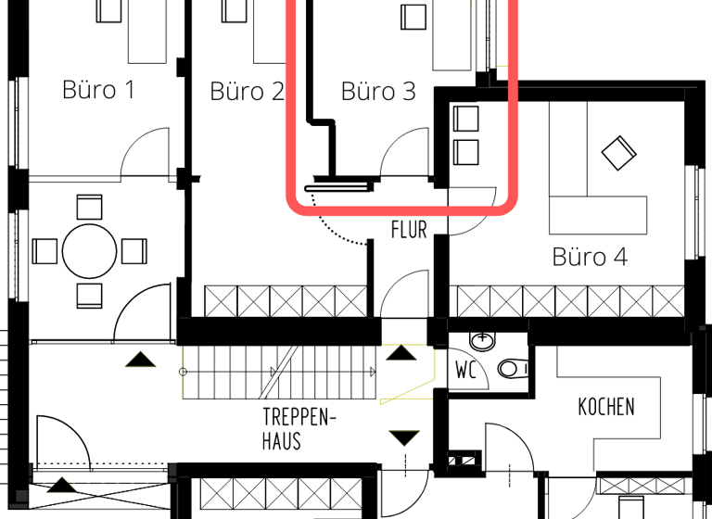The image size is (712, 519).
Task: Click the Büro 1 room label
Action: click(98, 91)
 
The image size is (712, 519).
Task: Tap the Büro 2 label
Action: click(247, 92)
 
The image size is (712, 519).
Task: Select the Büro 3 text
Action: click(378, 92)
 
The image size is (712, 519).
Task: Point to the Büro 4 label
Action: click(590, 257)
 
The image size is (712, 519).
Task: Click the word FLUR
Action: click(409, 230)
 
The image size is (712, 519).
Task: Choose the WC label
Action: click(466, 371)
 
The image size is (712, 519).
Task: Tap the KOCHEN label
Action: click(606, 407)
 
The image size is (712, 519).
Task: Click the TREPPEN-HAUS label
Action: click(294, 429)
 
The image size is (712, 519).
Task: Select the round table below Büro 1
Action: click(90, 250)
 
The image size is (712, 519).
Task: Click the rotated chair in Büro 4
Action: click(618, 152)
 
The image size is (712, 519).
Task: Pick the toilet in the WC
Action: click(511, 370)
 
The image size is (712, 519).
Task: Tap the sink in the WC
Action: click(482, 343)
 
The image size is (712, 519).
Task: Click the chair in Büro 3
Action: click(413, 17)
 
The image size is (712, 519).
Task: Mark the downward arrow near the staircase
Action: click(404, 437)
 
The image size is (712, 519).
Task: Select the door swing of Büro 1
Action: click(146, 153)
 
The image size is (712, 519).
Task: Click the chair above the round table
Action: click(90, 206)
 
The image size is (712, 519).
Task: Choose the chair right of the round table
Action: click(134, 251)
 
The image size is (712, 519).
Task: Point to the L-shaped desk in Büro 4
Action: click(599, 213)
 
